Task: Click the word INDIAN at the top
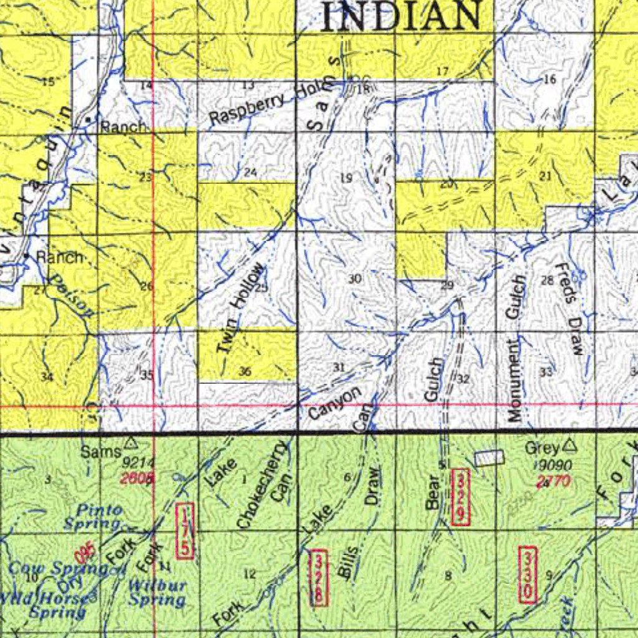click(402, 16)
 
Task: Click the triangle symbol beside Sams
click(130, 444)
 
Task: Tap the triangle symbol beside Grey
click(569, 446)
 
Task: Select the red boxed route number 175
click(186, 531)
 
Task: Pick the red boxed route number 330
click(527, 574)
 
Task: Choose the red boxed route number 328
click(318, 578)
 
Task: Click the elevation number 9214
click(138, 464)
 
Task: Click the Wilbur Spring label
click(156, 593)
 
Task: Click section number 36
click(245, 371)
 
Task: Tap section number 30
click(355, 279)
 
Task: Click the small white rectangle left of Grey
click(489, 459)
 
